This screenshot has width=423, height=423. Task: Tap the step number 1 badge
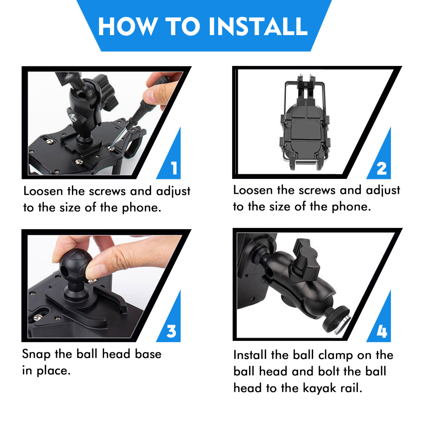[x=173, y=168]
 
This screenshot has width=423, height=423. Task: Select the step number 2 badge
[x=381, y=168]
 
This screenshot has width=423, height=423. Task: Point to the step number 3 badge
[x=171, y=331]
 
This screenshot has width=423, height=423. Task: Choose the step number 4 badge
[x=381, y=331]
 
